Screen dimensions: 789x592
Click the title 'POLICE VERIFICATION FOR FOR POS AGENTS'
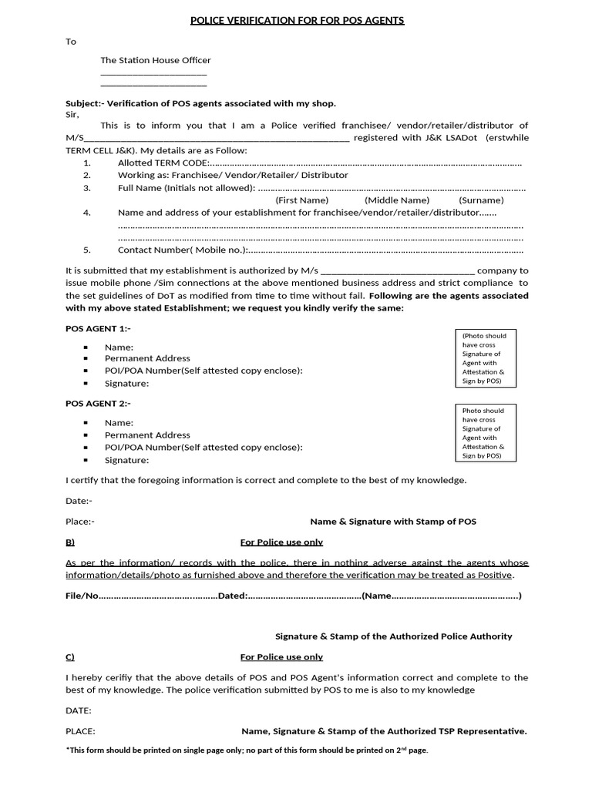click(297, 20)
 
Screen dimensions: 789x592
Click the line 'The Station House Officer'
click(155, 60)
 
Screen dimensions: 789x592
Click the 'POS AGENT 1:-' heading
click(98, 328)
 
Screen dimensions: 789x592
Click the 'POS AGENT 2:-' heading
click(98, 403)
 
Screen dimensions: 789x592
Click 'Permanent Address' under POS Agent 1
click(147, 358)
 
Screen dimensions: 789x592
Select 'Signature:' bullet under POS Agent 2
click(126, 460)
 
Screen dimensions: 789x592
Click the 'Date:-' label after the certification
click(79, 501)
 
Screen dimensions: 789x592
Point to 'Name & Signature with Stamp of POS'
click(393, 522)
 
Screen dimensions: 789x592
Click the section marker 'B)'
click(70, 542)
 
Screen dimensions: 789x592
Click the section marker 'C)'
click(70, 656)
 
